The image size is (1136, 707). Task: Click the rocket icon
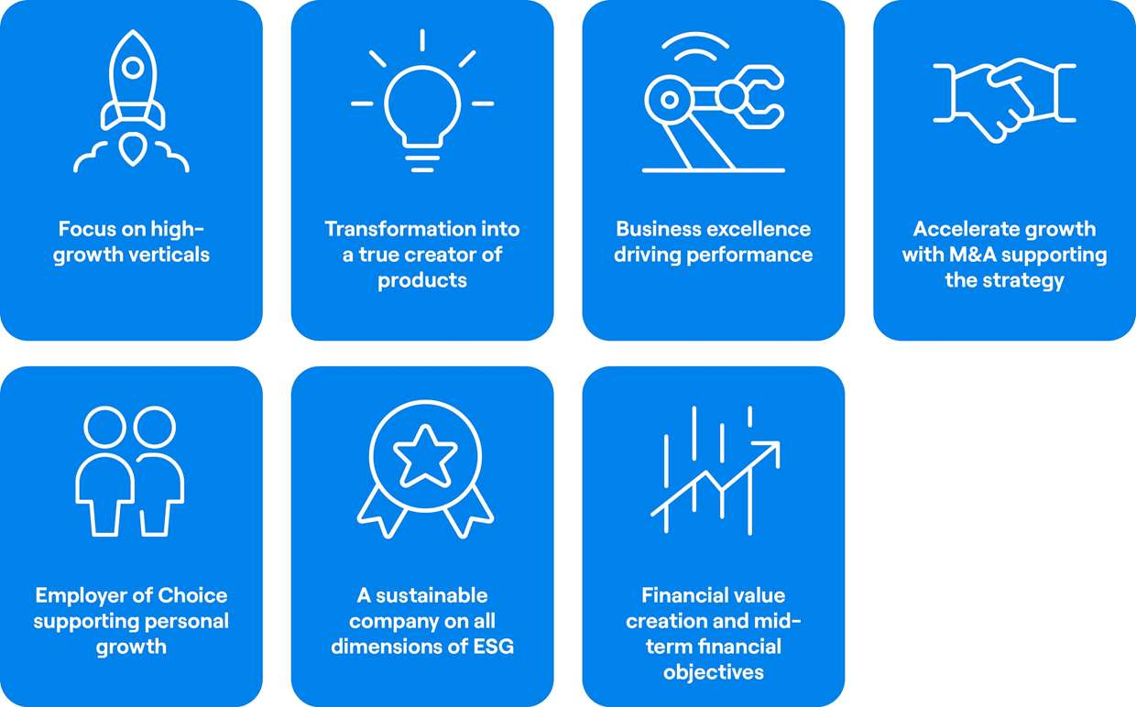[132, 102]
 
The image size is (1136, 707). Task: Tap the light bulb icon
[422, 102]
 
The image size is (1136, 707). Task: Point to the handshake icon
[1004, 101]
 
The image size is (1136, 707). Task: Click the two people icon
[130, 472]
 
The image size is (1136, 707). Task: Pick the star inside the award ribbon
[425, 456]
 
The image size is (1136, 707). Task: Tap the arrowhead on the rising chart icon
[769, 451]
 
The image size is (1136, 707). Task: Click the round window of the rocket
[133, 67]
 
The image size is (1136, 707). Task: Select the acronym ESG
[494, 647]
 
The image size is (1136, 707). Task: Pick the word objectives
[713, 673]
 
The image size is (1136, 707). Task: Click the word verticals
[169, 255]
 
